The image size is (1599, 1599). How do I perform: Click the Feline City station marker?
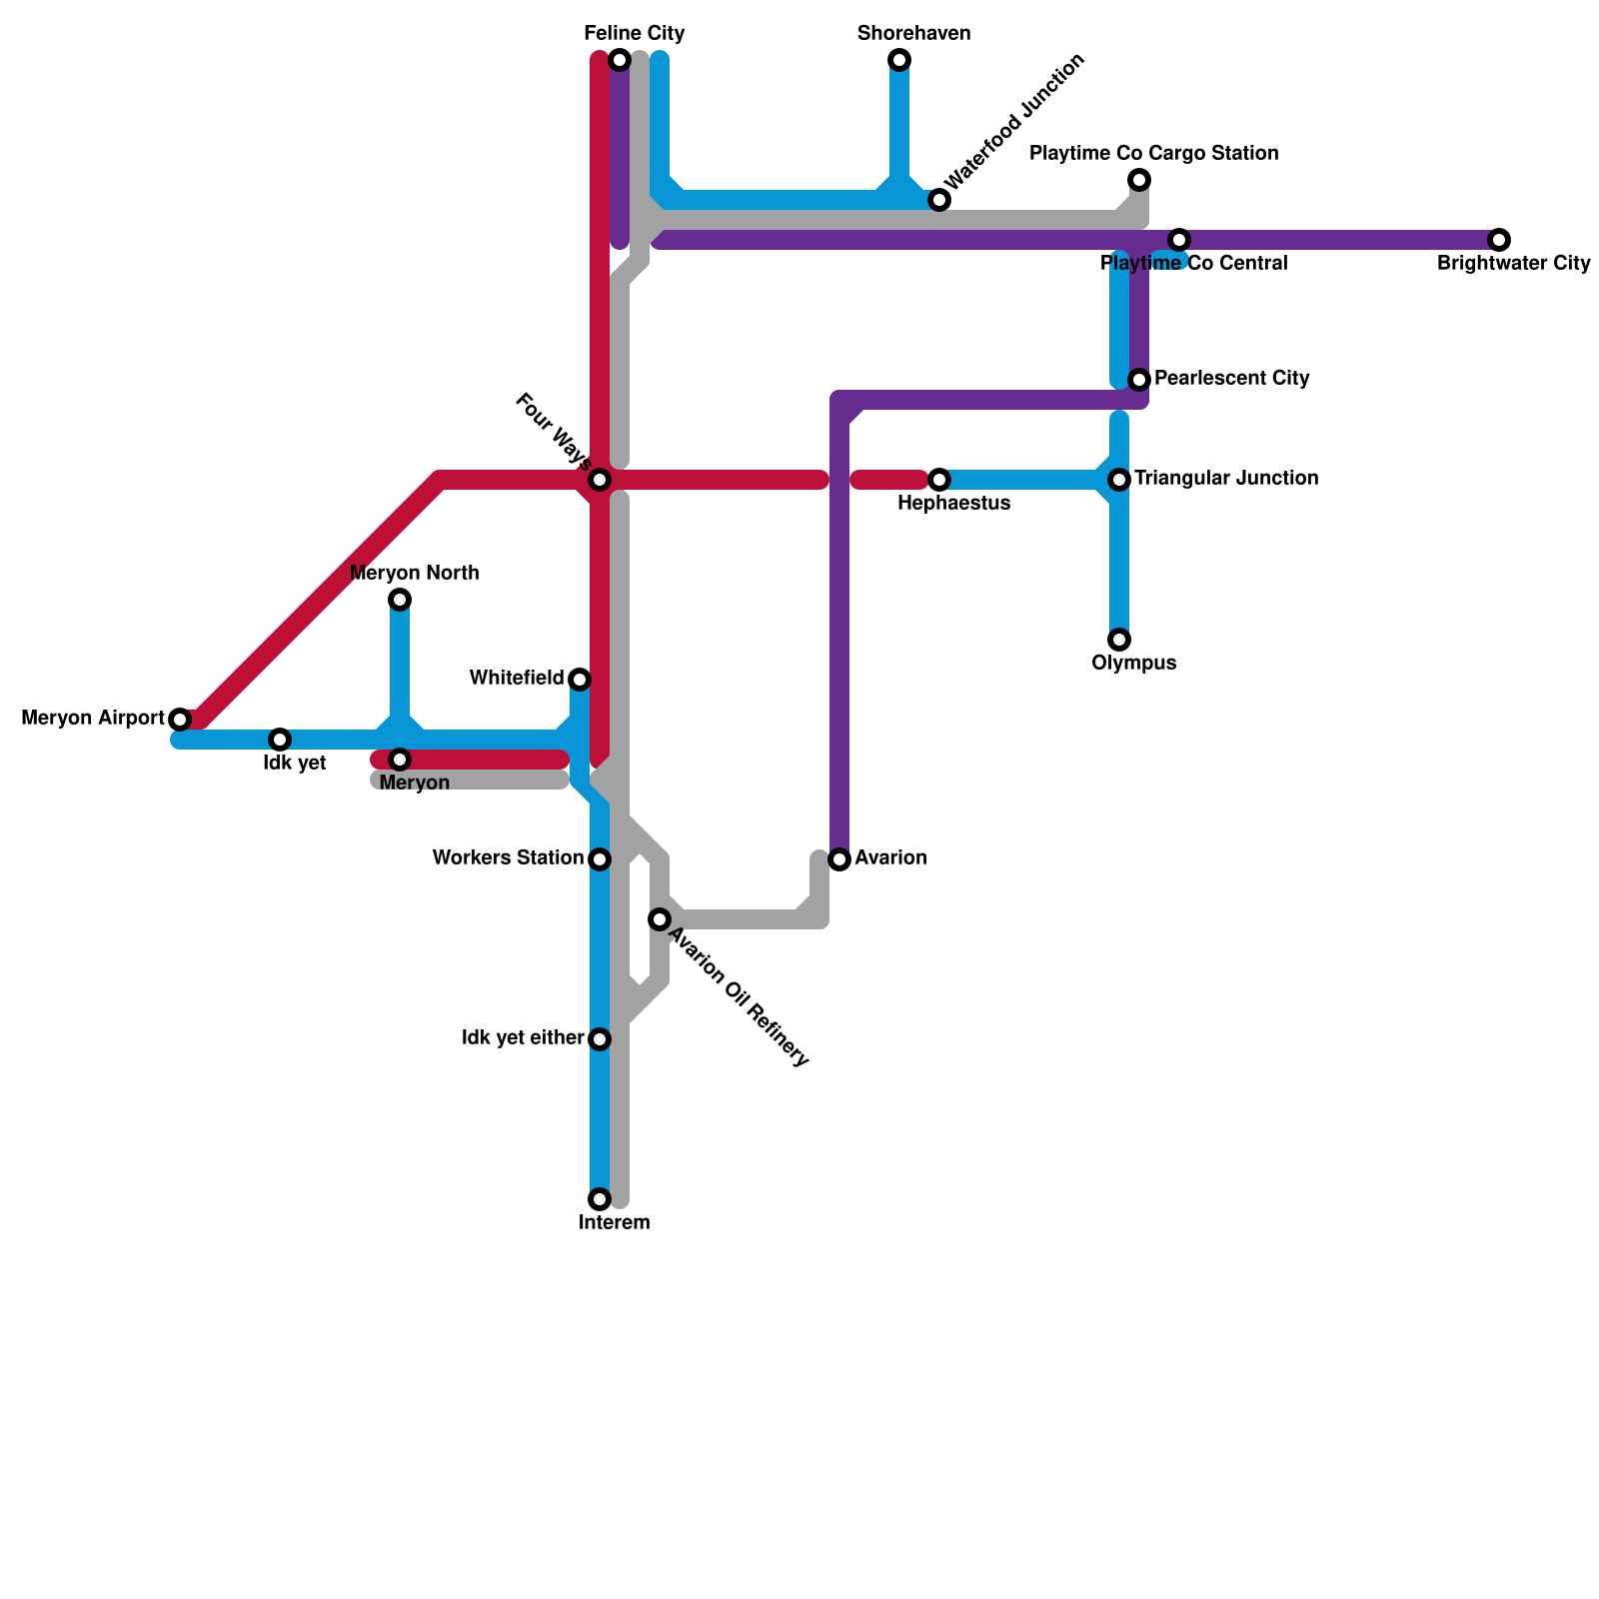click(620, 60)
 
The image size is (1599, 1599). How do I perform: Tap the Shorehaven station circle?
click(899, 60)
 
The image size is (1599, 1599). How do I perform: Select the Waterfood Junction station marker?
click(939, 200)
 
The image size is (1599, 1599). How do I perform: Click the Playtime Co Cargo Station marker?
click(1139, 180)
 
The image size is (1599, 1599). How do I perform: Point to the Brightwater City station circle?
click(1499, 240)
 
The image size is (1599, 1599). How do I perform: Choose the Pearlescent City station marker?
click(1139, 380)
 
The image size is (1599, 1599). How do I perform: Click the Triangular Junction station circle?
click(1119, 480)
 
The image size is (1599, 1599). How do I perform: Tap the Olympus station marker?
click(1119, 640)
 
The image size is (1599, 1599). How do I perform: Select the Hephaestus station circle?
click(939, 480)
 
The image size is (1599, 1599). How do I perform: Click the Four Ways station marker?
click(600, 480)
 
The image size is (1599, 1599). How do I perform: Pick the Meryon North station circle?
click(400, 600)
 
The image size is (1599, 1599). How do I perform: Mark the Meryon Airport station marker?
click(180, 720)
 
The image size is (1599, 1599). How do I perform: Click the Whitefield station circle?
click(580, 680)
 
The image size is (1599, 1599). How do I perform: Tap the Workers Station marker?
click(600, 859)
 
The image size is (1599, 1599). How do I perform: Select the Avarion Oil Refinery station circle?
click(660, 919)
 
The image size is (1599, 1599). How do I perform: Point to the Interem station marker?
click(600, 1199)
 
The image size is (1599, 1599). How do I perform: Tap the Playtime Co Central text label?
click(1194, 264)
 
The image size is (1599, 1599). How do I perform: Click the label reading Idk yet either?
click(523, 1038)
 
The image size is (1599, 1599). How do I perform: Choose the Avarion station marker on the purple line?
click(839, 859)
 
